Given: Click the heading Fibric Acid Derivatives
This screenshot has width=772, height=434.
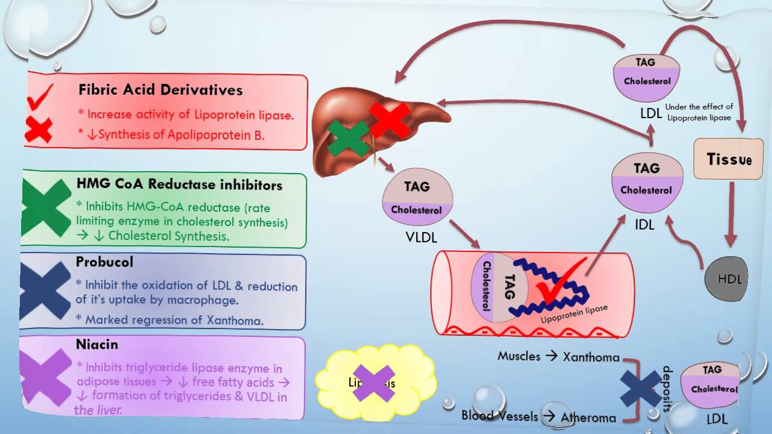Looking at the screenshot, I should tap(160, 90).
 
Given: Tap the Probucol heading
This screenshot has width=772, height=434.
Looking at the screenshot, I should tap(104, 262).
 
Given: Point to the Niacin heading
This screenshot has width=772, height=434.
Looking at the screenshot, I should tap(96, 345).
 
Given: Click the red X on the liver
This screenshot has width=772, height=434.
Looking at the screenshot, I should tap(390, 120).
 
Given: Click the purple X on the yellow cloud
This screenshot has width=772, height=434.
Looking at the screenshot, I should tap(373, 383).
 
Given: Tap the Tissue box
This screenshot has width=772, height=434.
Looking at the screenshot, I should tap(729, 160).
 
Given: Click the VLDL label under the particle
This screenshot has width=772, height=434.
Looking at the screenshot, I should tap(420, 237).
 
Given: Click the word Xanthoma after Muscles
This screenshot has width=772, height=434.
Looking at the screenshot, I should tap(591, 357).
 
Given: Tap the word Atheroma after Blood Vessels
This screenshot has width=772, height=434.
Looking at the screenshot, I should tap(588, 417).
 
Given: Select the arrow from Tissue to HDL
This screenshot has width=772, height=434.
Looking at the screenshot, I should tap(732, 214).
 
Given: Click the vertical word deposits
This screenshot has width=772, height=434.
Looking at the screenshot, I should tap(666, 389).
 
